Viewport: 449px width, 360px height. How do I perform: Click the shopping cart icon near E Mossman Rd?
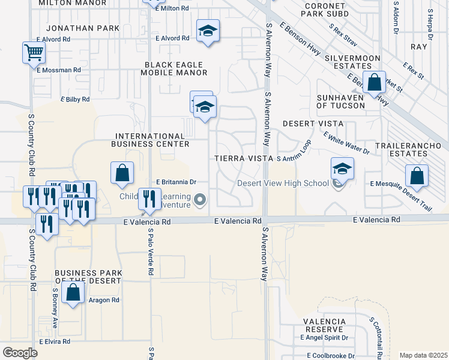33,53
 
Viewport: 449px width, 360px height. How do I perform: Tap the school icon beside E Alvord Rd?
208,31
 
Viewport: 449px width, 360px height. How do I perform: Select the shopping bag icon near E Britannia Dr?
122,173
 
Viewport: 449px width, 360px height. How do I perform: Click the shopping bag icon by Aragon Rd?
73,293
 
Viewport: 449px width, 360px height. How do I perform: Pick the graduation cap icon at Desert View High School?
342,169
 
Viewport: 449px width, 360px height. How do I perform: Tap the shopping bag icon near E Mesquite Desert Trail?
417,176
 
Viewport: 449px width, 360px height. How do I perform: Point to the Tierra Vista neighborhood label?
243,158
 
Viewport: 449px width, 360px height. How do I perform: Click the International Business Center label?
150,140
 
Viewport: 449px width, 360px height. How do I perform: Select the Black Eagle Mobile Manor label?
173,68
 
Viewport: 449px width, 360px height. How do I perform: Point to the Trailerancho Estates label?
410,150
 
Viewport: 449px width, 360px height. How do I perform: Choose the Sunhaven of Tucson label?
340,101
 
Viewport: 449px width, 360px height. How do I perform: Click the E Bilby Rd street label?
75,99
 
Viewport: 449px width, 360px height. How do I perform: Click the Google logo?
20,353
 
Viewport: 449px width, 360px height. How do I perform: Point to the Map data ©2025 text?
423,355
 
